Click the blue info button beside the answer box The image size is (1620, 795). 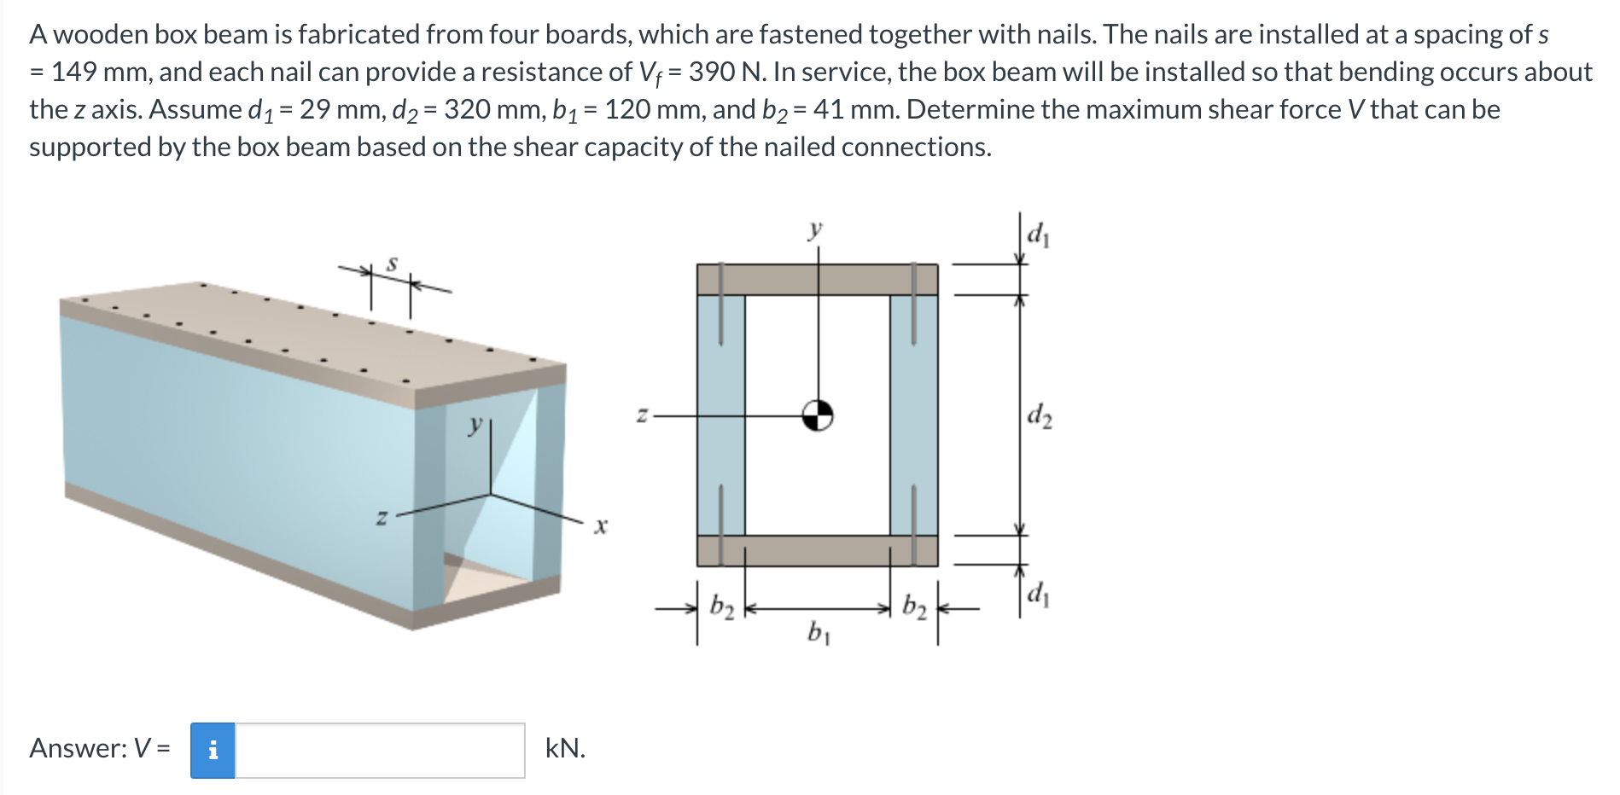[x=213, y=750]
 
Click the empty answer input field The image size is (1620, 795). [x=380, y=750]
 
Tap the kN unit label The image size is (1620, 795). [x=565, y=748]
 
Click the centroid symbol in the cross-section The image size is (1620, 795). [x=818, y=415]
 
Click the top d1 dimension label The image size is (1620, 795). [x=1038, y=233]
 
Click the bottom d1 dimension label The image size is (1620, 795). [x=1038, y=592]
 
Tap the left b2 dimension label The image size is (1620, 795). [x=721, y=606]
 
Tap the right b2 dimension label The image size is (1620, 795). [x=914, y=606]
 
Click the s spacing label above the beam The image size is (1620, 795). [x=392, y=264]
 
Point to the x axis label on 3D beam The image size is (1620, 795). [x=601, y=526]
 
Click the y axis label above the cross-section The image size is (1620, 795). [x=815, y=229]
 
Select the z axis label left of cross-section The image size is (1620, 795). [x=642, y=415]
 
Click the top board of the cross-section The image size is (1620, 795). [x=817, y=279]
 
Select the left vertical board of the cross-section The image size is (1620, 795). [x=720, y=415]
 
